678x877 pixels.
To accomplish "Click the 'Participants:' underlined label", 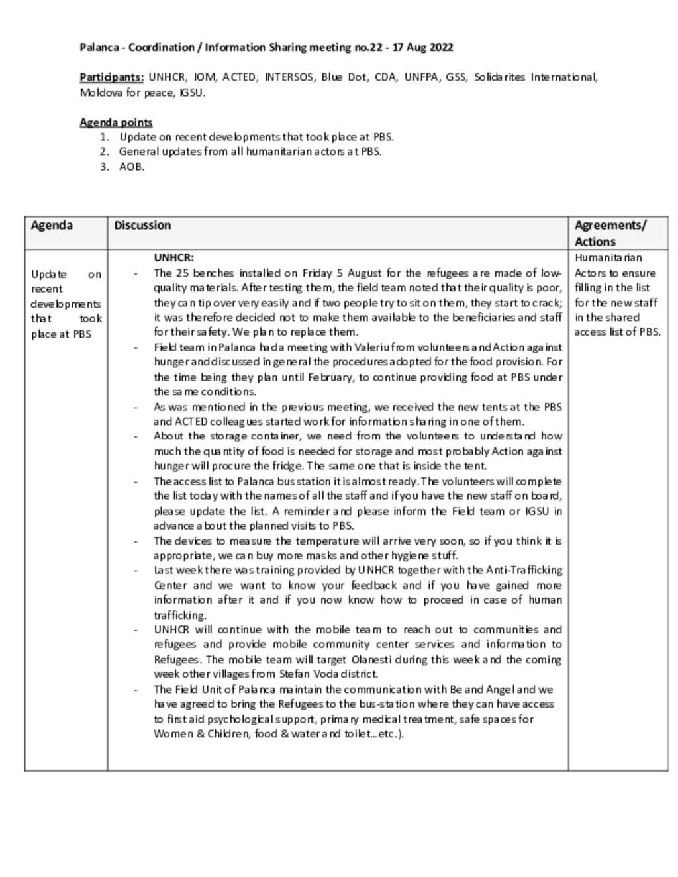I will point(111,77).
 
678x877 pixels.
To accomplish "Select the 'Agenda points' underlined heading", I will point(116,122).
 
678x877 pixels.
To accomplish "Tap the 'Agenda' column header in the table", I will point(52,225).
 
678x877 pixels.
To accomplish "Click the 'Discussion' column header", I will point(142,225).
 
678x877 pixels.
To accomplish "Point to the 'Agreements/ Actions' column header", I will point(610,233).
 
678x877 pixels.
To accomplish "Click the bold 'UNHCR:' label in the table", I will point(173,257).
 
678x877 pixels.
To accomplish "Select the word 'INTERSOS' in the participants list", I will point(289,77).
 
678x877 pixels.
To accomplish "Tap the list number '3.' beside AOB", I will point(104,167).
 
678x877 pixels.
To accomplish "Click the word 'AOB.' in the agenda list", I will point(132,167).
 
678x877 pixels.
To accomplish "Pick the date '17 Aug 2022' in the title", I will point(423,47).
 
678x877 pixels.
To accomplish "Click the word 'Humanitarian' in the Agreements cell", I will point(608,257).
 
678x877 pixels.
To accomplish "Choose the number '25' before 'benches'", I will point(183,273).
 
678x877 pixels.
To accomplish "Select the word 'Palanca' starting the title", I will point(99,47).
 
